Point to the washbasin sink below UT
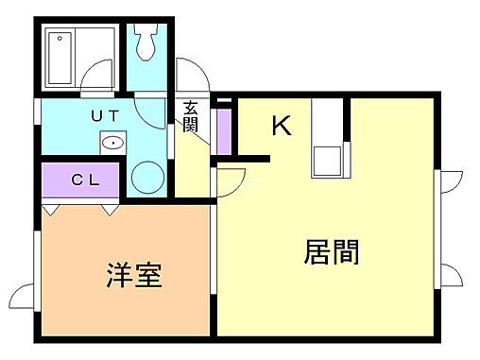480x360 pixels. pos(112,145)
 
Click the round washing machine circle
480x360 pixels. pos(147,177)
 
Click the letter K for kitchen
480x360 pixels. pos(282,126)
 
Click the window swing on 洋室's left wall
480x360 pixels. pos(26,292)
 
